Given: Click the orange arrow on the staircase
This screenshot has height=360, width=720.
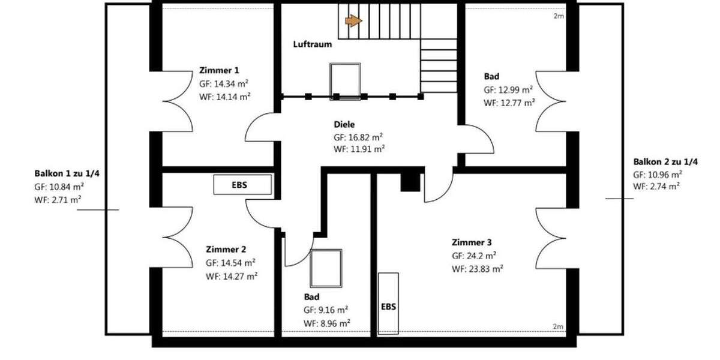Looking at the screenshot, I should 354,21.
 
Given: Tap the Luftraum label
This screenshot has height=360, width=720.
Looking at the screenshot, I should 312,44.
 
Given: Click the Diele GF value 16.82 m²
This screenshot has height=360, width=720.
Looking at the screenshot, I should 359,137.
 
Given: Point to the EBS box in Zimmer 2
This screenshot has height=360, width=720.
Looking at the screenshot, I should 244,185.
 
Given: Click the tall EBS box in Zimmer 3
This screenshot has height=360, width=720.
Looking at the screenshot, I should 388,304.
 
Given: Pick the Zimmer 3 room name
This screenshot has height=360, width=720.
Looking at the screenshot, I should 472,242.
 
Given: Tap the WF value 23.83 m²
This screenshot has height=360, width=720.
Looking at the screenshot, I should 477,269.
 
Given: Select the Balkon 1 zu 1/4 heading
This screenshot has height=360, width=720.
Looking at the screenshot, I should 67,174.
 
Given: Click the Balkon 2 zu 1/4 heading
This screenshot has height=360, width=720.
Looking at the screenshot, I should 665,162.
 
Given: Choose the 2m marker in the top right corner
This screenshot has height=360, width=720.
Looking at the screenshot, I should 558,16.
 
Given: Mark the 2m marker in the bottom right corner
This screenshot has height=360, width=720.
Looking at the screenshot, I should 558,326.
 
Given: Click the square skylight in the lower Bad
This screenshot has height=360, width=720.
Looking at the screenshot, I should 326,268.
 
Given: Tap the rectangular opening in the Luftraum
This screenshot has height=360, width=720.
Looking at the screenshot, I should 346,80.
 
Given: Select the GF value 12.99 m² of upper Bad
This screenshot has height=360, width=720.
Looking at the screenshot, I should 508,89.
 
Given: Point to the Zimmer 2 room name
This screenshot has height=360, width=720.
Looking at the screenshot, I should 226,249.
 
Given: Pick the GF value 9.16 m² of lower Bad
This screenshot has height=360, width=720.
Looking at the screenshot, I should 326,310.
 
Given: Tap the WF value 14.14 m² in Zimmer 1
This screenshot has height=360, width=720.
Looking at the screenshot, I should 224,96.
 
